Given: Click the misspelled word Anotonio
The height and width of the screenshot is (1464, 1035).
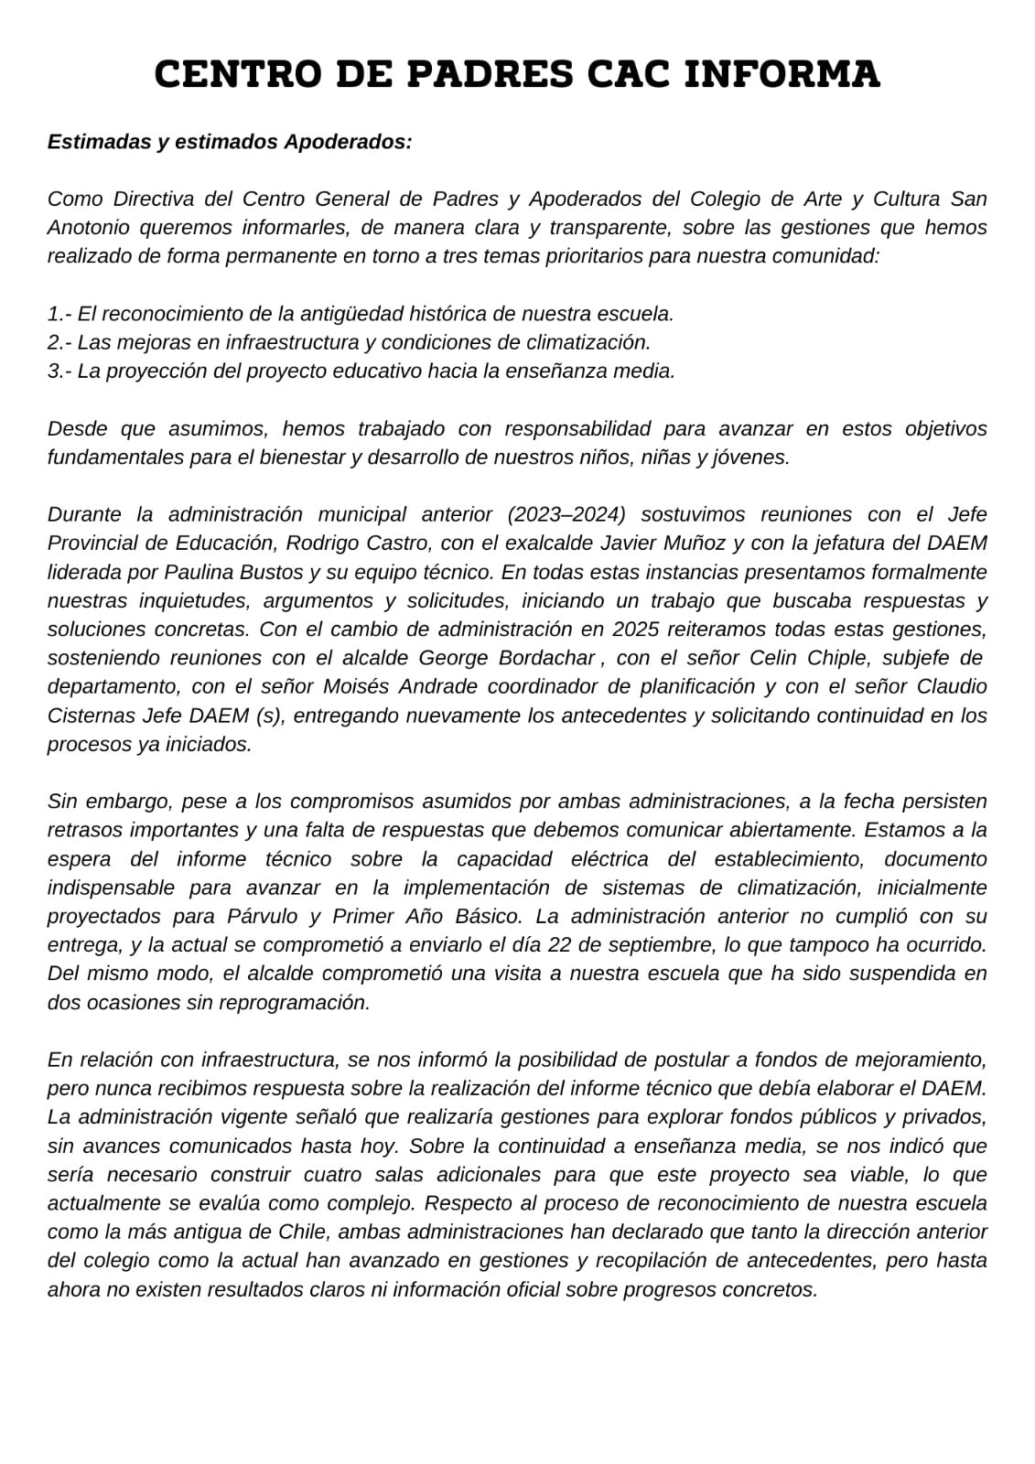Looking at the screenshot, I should [89, 227].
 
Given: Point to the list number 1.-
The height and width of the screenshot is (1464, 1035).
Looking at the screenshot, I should [59, 314].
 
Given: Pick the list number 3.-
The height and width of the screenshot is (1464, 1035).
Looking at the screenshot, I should [59, 371].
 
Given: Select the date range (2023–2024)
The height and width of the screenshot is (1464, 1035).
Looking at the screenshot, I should [575, 514].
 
